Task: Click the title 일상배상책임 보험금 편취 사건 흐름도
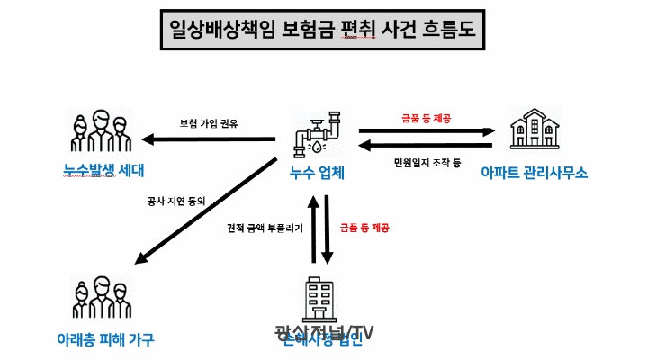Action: (x=324, y=31)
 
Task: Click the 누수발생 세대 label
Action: (x=103, y=170)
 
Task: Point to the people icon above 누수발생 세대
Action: (x=102, y=131)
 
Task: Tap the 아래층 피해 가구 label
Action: (x=105, y=339)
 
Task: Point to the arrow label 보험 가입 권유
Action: (x=210, y=123)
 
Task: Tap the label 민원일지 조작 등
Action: (x=427, y=162)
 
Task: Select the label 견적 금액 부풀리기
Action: (x=265, y=229)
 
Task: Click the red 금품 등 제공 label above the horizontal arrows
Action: (x=427, y=118)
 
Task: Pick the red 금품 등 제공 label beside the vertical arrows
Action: (x=364, y=229)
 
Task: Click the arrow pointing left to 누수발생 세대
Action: (x=211, y=139)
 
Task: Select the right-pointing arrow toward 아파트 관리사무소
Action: (x=426, y=130)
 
